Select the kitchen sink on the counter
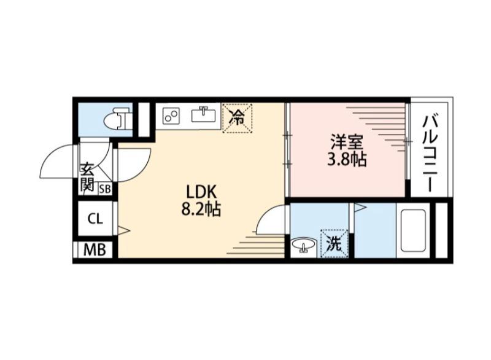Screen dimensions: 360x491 pyautogui.click(x=202, y=115)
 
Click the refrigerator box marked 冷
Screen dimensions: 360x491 pyautogui.click(x=236, y=117)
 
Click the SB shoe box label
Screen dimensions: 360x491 pyautogui.click(x=105, y=189)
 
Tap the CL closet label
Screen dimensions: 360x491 pyautogui.click(x=95, y=218)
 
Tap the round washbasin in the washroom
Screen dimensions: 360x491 pyautogui.click(x=303, y=246)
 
